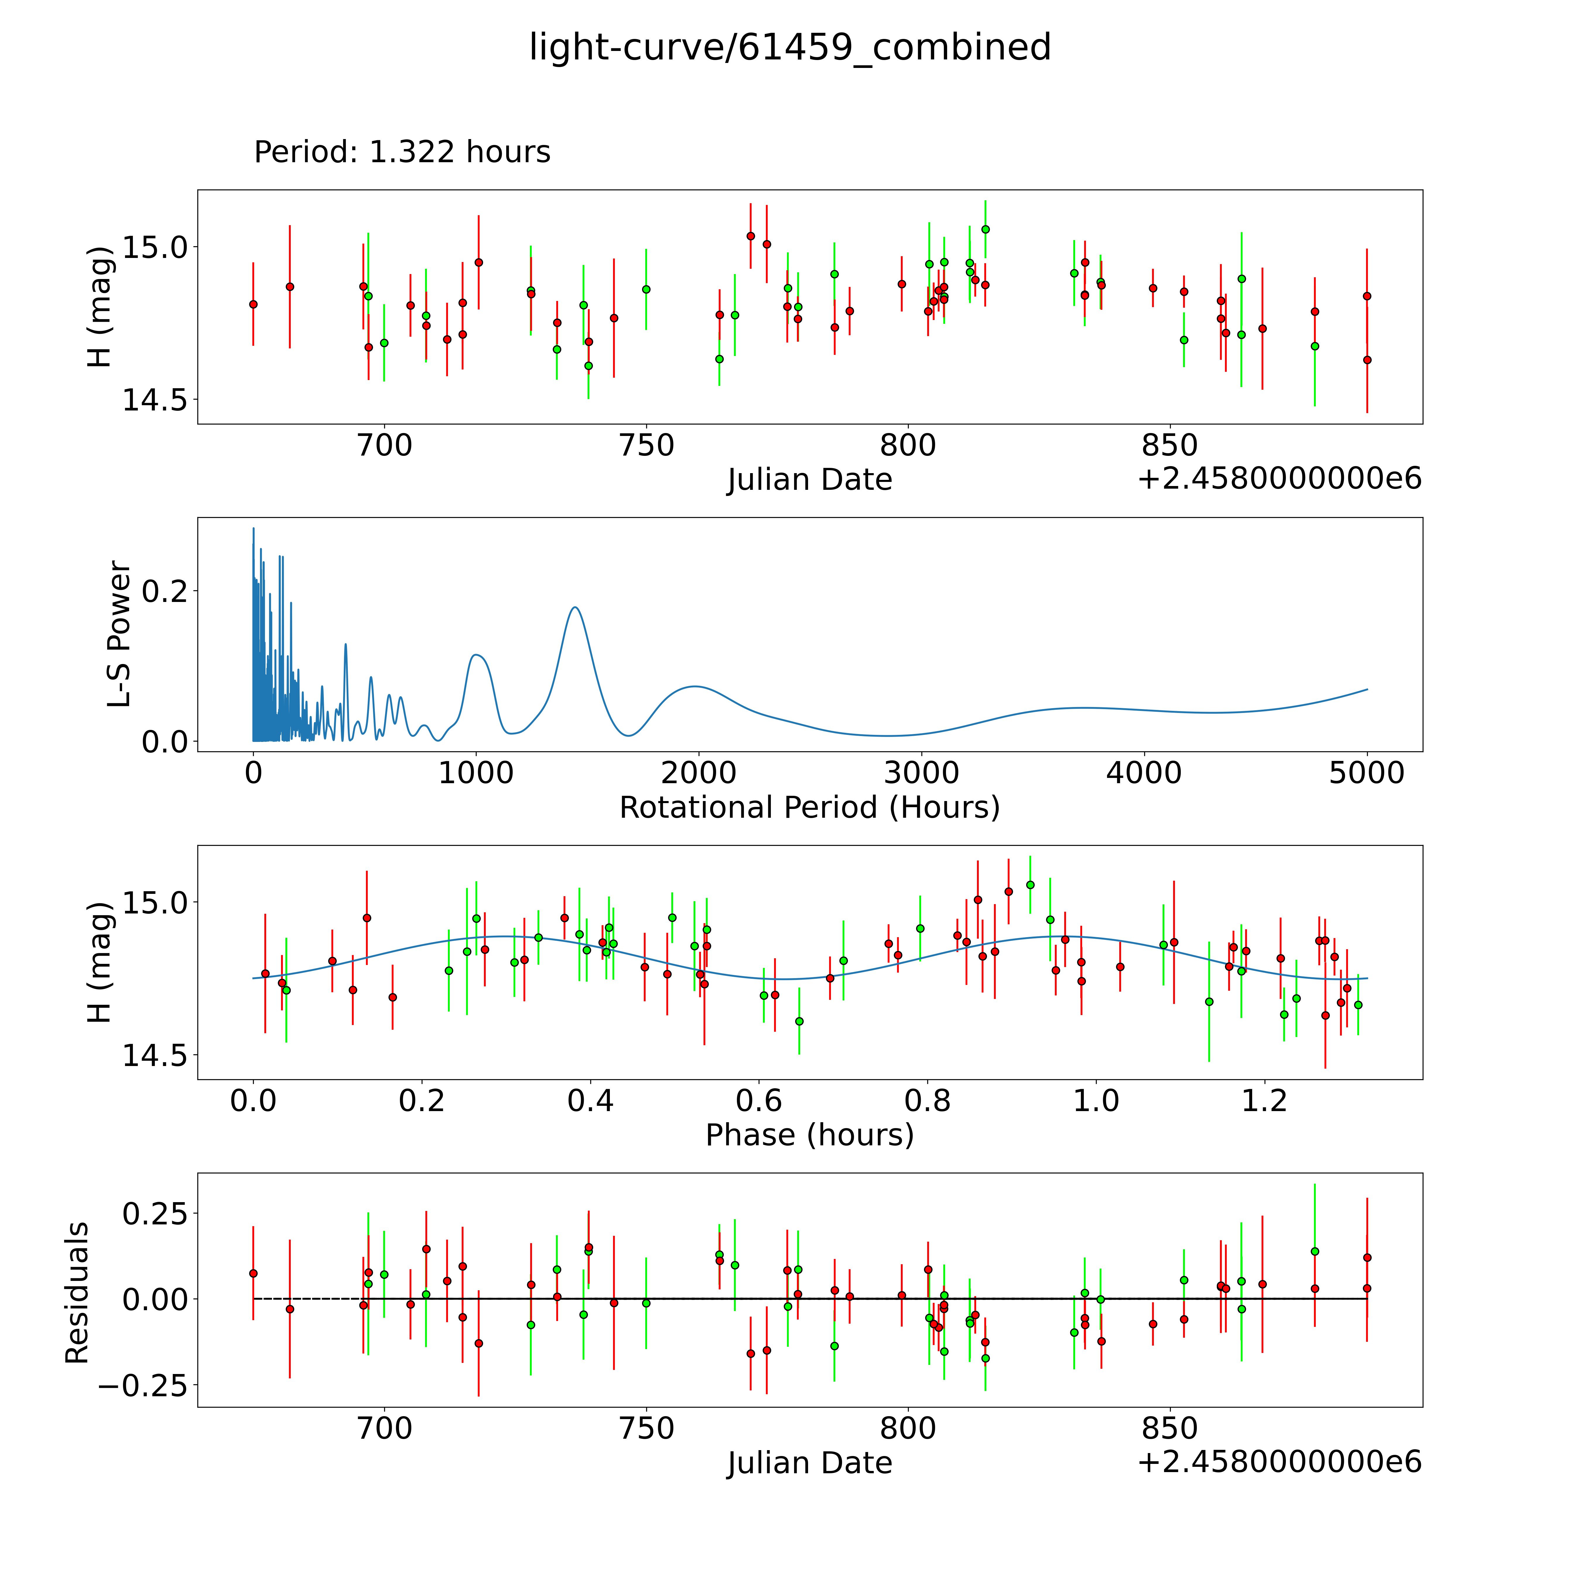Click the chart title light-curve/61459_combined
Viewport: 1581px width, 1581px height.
[x=790, y=47]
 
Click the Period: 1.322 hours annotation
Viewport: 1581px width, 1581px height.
[x=402, y=152]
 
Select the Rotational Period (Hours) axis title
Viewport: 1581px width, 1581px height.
[x=809, y=808]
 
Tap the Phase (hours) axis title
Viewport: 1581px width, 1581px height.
[x=809, y=1135]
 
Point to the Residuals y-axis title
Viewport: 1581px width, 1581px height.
[x=77, y=1293]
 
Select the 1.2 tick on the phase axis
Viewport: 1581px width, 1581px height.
[x=1264, y=1101]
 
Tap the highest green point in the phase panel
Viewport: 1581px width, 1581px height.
[x=1030, y=884]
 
